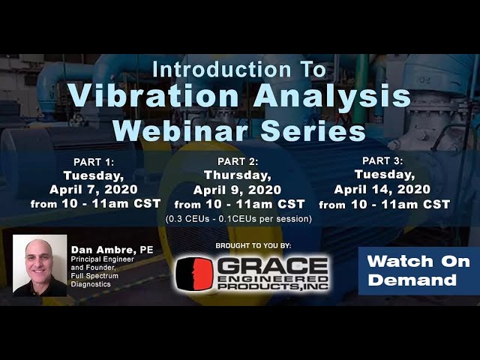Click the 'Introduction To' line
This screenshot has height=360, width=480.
[x=239, y=70]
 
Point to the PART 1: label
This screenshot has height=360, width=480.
[x=93, y=162]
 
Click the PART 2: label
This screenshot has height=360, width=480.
[x=238, y=162]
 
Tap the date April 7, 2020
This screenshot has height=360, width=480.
[x=94, y=190]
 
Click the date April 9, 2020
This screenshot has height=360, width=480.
[x=238, y=190]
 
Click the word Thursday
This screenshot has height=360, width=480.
[x=238, y=176]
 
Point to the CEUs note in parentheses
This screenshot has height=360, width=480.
[x=238, y=219]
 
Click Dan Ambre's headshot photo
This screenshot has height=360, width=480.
[x=40, y=265]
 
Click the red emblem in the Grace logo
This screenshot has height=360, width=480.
[x=193, y=274]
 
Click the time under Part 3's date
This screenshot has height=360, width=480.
[x=384, y=204]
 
